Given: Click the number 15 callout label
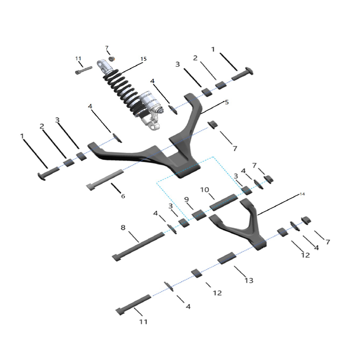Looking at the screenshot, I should (144, 59).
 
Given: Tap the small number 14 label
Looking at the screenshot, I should (302, 194).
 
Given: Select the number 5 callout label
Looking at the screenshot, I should (227, 102).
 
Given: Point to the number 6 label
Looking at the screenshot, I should (122, 196).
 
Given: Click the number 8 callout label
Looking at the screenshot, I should (123, 228).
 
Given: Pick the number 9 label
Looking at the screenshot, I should (186, 199).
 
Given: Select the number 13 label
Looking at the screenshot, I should (249, 280).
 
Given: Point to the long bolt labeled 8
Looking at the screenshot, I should (139, 245).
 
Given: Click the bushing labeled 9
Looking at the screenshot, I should (199, 215).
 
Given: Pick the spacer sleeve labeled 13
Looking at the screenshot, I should (226, 258).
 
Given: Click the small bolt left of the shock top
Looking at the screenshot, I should (84, 70).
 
